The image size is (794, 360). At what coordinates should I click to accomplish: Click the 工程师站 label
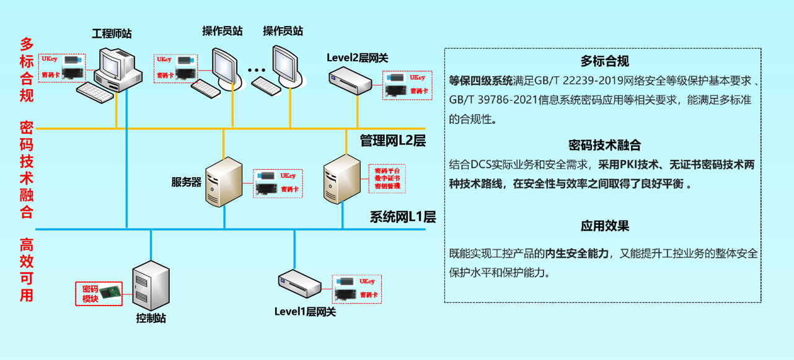(x=112, y=33)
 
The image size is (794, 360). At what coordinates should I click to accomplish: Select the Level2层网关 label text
(x=358, y=58)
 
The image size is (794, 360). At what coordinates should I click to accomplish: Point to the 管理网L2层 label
(x=392, y=141)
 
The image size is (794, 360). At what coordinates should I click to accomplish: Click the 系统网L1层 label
(x=403, y=217)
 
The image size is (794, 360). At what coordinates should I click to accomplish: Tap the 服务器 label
(x=187, y=182)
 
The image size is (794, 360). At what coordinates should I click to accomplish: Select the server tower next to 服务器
(x=223, y=182)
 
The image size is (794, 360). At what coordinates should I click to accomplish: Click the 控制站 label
(x=151, y=318)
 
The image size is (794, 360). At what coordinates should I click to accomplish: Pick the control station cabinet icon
(x=151, y=286)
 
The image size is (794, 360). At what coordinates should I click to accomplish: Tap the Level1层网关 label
(x=305, y=312)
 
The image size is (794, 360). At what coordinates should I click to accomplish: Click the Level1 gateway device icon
(x=300, y=286)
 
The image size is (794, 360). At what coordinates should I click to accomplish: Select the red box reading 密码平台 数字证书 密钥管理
(x=387, y=178)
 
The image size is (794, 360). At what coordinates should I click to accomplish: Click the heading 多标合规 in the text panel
(x=604, y=61)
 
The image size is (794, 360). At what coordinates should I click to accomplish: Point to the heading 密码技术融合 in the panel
(x=604, y=145)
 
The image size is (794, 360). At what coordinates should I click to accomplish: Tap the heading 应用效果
(x=604, y=226)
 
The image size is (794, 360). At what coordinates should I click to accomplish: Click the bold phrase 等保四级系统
(x=481, y=81)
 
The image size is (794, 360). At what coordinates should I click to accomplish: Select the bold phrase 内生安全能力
(x=576, y=253)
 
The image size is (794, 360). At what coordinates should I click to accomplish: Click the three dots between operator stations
(x=257, y=71)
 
